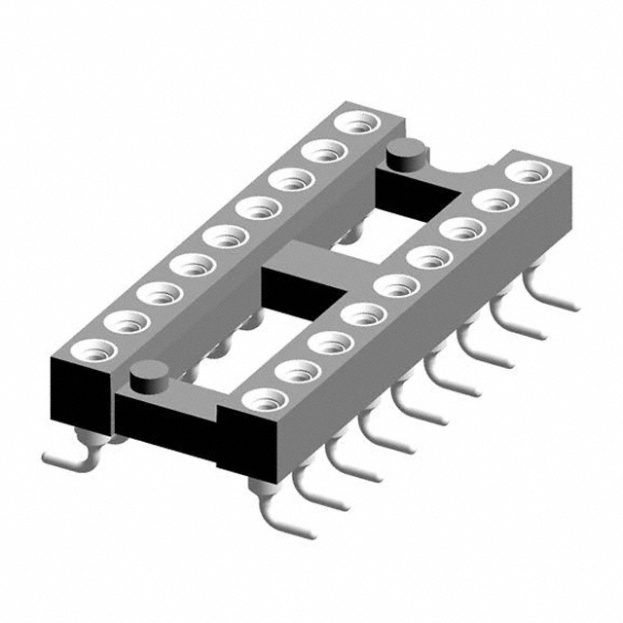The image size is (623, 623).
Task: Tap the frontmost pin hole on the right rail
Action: [262, 399]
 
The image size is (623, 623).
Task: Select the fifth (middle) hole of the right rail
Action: [389, 287]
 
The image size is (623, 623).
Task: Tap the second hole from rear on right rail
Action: [495, 202]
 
